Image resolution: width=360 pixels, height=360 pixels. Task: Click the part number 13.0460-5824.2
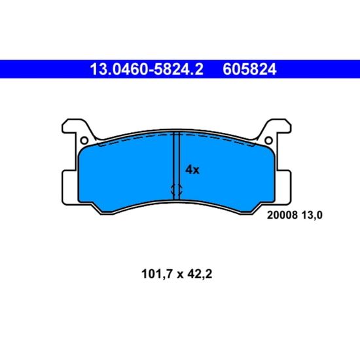147,69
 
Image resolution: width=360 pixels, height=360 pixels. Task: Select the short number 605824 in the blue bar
249,69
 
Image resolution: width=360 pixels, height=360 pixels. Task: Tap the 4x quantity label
192,170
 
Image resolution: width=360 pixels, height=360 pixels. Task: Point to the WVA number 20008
282,215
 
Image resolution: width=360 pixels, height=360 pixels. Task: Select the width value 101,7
157,274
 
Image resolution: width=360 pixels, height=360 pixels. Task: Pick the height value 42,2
200,274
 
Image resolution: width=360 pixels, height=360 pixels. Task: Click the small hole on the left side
84,140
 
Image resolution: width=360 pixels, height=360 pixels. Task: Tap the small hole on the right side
268,140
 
